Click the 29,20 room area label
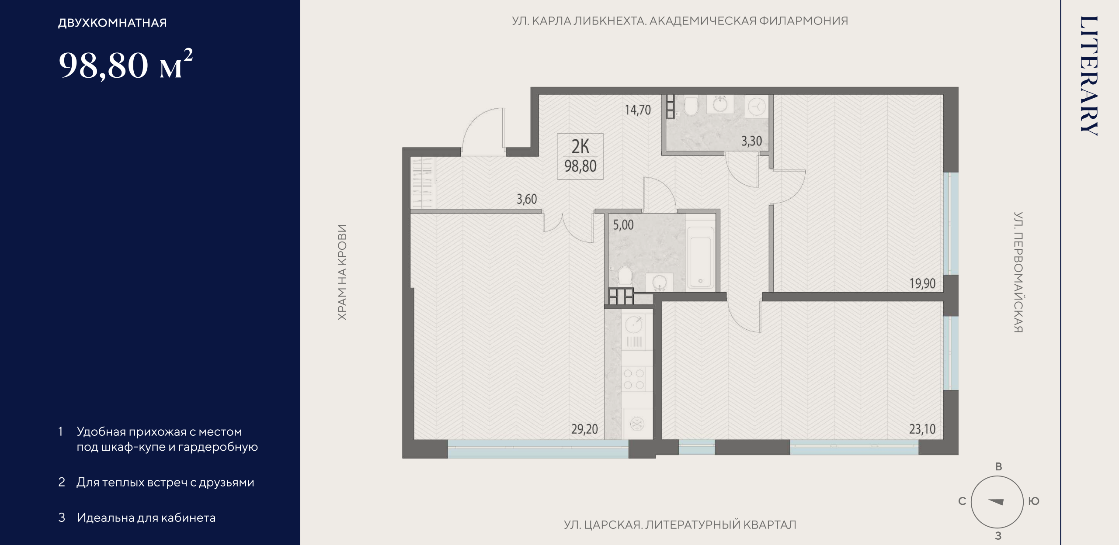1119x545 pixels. (x=584, y=429)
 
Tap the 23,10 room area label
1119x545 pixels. (x=922, y=429)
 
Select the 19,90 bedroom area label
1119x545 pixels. (x=922, y=283)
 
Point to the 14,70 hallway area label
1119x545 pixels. (x=638, y=110)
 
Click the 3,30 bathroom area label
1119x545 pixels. (x=751, y=141)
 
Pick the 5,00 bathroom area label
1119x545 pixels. (x=623, y=225)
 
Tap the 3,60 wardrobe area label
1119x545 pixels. (x=527, y=199)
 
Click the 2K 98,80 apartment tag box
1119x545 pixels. (x=580, y=156)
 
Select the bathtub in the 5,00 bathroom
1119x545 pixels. (x=700, y=258)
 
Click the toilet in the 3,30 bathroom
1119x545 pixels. (x=691, y=106)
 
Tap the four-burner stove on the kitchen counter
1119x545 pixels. (x=634, y=379)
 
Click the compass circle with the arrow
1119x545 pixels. (x=997, y=502)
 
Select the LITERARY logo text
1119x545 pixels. (x=1088, y=76)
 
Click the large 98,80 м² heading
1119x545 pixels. (x=126, y=64)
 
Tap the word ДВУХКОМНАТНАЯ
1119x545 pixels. (x=112, y=23)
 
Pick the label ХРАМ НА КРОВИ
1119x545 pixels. (x=342, y=272)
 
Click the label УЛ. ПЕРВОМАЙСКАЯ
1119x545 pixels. (x=1018, y=272)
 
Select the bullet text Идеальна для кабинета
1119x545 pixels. (x=146, y=518)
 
